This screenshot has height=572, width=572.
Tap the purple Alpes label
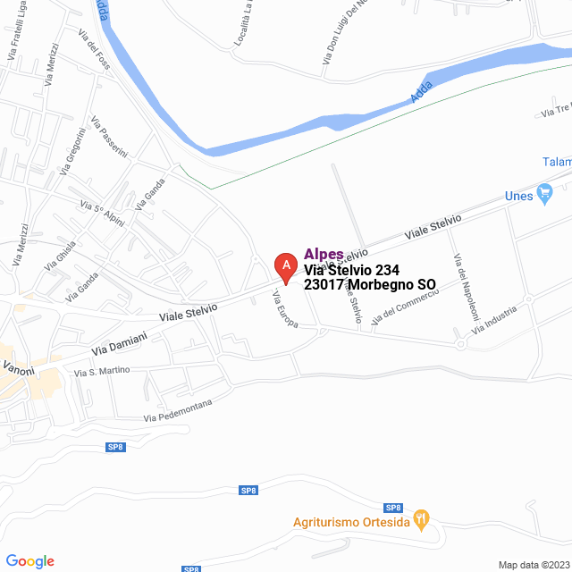(324, 254)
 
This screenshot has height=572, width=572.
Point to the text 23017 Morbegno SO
(370, 285)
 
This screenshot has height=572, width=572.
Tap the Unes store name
(519, 195)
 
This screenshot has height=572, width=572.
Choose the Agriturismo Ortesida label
(350, 522)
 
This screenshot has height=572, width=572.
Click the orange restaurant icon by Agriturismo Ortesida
(423, 519)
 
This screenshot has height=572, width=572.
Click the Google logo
(29, 561)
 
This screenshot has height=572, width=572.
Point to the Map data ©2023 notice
(533, 565)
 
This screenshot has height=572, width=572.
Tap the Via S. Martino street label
(102, 371)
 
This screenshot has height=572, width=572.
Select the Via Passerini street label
(109, 137)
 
